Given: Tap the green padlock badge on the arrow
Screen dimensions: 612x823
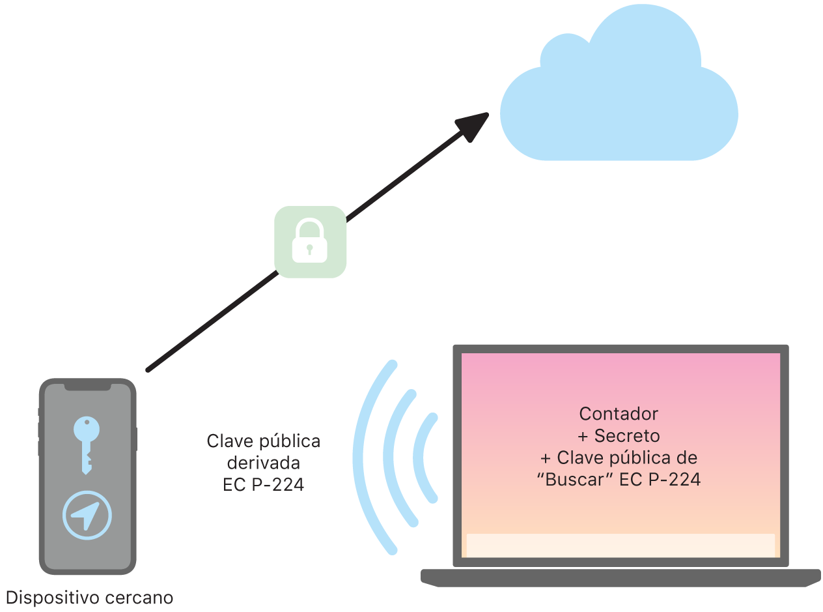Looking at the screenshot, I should [310, 242].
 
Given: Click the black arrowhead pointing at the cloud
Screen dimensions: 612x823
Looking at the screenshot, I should [473, 126].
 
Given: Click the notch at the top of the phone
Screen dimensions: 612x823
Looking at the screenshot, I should [87, 386].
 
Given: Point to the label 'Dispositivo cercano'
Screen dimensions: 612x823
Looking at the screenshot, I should [90, 597].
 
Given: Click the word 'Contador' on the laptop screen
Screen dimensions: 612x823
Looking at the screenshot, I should [619, 414].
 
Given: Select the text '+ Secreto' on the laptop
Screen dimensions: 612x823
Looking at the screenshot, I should [619, 435].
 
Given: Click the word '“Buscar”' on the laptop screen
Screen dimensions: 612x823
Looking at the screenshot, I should [574, 480].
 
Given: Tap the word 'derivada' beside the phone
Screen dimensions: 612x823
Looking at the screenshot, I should [263, 463].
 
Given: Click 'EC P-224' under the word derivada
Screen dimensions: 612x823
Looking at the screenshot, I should [263, 485].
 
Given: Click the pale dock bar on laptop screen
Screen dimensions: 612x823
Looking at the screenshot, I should [621, 545].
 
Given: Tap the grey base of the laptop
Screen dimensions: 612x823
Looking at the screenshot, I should [621, 577].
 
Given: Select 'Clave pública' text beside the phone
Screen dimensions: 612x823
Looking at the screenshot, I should [263, 441].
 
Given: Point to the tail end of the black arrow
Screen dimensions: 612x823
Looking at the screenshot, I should [149, 370].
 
